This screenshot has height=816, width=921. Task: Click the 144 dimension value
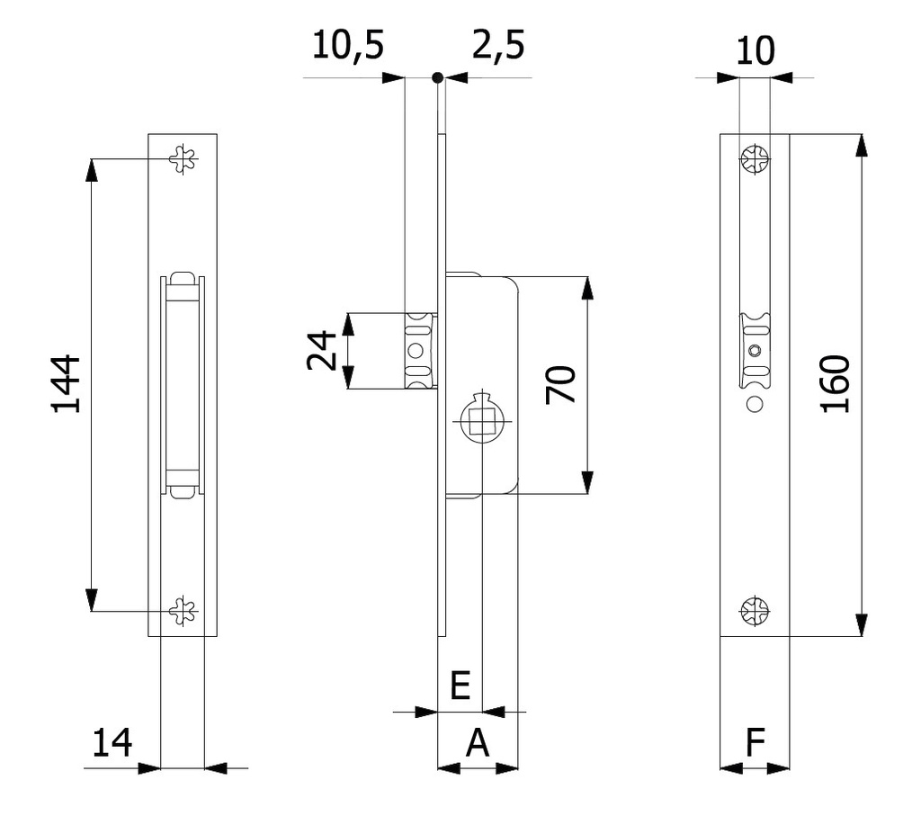(x=66, y=383)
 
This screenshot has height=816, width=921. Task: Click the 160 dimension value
(x=836, y=384)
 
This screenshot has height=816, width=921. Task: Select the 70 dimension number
(x=561, y=384)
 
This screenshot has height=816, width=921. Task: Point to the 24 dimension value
(x=321, y=350)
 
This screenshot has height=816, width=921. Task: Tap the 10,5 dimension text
(x=348, y=45)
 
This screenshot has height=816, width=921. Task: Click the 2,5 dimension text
(x=497, y=45)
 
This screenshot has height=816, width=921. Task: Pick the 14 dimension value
(x=112, y=743)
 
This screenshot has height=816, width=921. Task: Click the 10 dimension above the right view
(x=755, y=51)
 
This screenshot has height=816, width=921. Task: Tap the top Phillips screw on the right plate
(x=755, y=161)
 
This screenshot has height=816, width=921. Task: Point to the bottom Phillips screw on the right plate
(x=755, y=611)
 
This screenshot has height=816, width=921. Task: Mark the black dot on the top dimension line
(x=437, y=78)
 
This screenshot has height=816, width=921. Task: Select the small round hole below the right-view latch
(x=755, y=404)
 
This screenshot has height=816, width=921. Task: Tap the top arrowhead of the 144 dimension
(x=92, y=168)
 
